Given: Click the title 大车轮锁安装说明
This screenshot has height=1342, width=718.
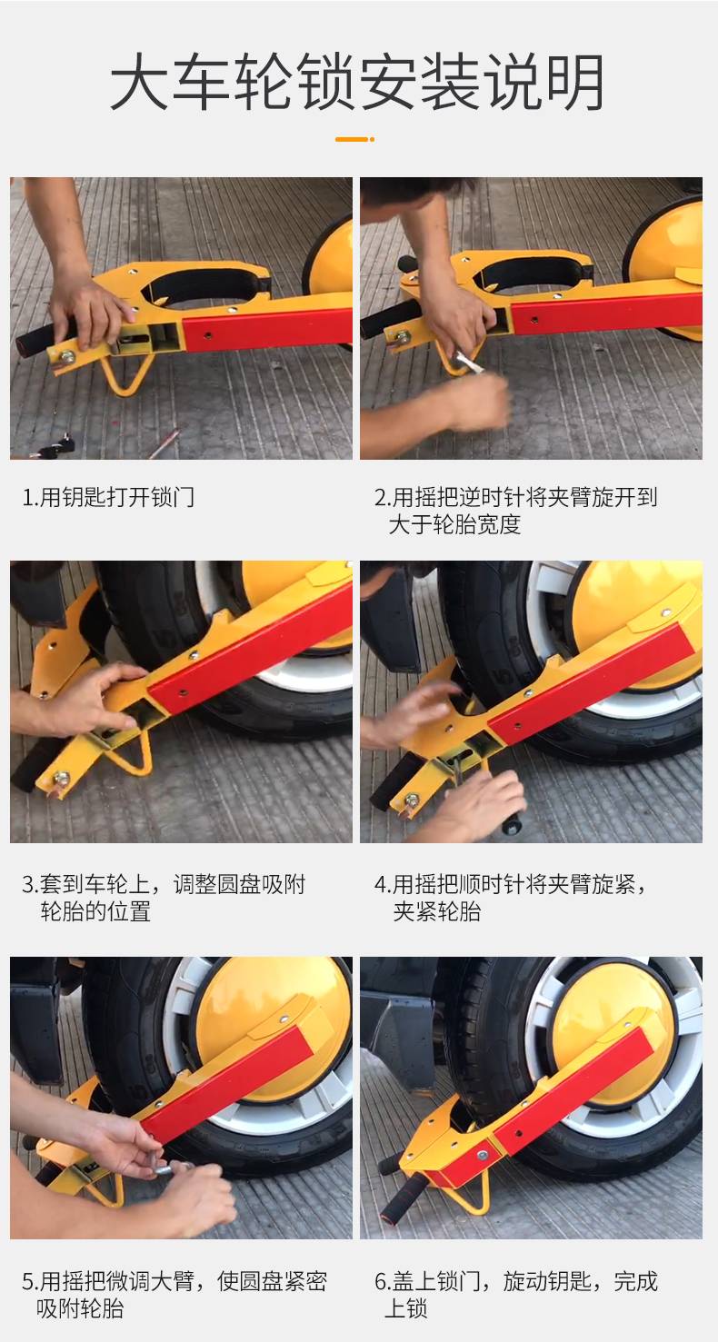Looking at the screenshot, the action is pos(357,82).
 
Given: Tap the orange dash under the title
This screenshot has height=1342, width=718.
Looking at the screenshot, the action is pos(354,139).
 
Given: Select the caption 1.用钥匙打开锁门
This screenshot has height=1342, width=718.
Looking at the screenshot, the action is pos(108,497).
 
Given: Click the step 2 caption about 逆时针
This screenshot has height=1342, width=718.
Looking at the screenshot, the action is pos(516,511).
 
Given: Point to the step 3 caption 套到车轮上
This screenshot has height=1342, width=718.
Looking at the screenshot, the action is pos(164,898).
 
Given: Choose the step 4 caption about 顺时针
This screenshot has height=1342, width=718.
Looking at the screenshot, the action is pos(511,898).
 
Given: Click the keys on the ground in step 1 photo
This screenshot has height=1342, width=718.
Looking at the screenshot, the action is pos(53,447).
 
